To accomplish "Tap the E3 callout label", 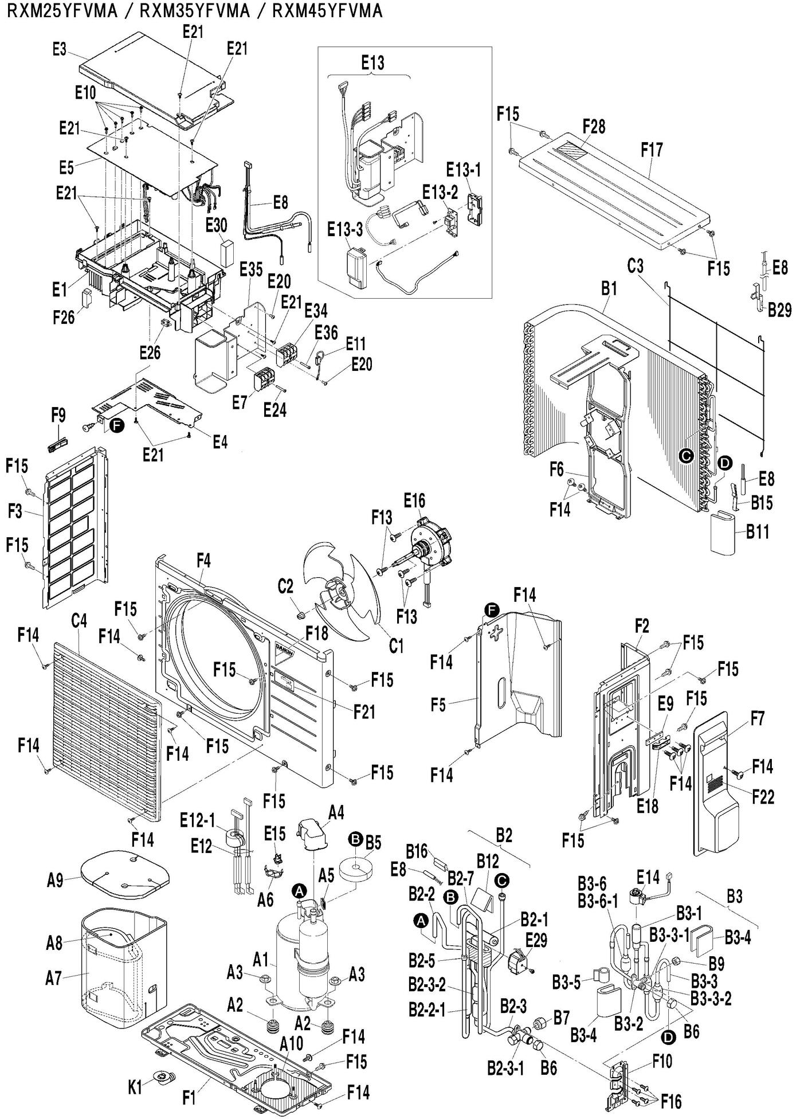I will (59, 49).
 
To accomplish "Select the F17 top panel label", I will (652, 150).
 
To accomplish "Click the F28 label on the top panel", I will (594, 126).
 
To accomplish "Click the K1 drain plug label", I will (135, 1087).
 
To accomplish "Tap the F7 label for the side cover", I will (758, 718).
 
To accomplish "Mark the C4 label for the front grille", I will (79, 621).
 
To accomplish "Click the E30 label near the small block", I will (216, 225).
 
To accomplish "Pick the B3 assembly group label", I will (734, 895).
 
